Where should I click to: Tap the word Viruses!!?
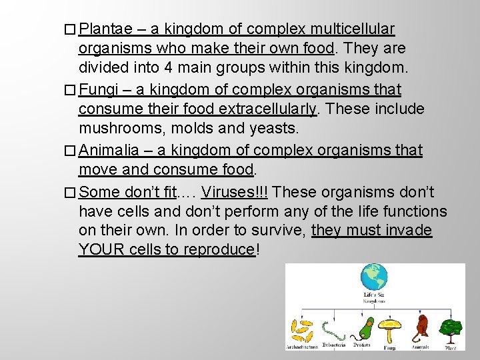point(235,193)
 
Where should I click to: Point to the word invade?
point(409,231)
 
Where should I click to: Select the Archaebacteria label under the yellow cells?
point(302,347)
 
